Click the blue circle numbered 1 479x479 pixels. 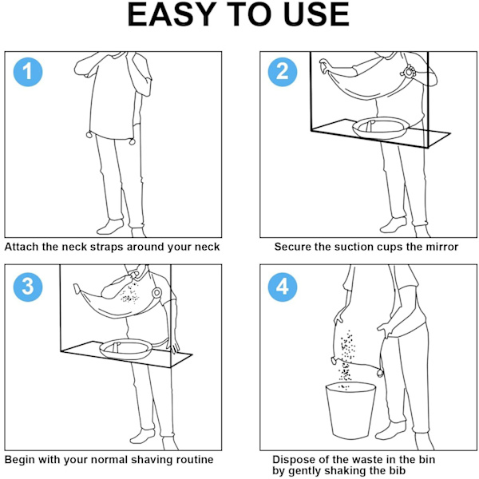(x=28, y=72)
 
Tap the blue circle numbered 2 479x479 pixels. (x=283, y=72)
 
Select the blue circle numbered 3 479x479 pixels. (x=28, y=287)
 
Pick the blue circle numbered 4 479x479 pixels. (x=283, y=287)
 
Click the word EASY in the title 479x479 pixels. (x=172, y=14)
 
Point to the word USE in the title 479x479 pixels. (x=316, y=14)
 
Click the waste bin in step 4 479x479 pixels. (x=350, y=410)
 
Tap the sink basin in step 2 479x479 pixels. (x=381, y=129)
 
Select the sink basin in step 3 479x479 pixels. (x=126, y=349)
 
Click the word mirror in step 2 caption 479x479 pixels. (x=442, y=247)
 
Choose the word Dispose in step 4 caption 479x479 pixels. (x=291, y=460)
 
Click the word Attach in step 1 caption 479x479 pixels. (x=22, y=247)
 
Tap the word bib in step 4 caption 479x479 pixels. (x=397, y=471)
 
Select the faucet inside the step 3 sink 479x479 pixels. (x=116, y=346)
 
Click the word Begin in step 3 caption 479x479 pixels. (x=20, y=460)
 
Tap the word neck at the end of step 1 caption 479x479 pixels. (x=208, y=247)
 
